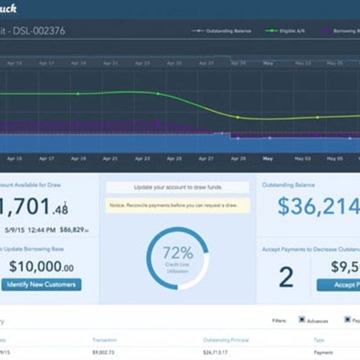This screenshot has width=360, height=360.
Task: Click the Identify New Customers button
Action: (41, 284)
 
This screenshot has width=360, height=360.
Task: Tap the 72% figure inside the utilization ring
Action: (178, 253)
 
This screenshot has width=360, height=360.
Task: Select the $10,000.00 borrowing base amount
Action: (41, 266)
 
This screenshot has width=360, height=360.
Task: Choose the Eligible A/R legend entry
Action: (286, 31)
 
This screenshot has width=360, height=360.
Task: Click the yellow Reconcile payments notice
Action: (177, 205)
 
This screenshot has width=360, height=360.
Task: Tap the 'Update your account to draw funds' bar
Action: (177, 187)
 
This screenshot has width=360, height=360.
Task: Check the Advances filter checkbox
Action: (302, 320)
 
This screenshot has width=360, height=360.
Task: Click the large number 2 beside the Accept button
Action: (286, 278)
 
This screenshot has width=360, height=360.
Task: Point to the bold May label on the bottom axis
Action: (268, 159)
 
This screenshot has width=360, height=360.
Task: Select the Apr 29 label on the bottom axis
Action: (238, 159)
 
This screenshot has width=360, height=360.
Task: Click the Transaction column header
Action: (104, 340)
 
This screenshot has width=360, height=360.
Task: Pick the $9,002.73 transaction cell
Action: (103, 352)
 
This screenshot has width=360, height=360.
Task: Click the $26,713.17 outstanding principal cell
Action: (216, 352)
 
